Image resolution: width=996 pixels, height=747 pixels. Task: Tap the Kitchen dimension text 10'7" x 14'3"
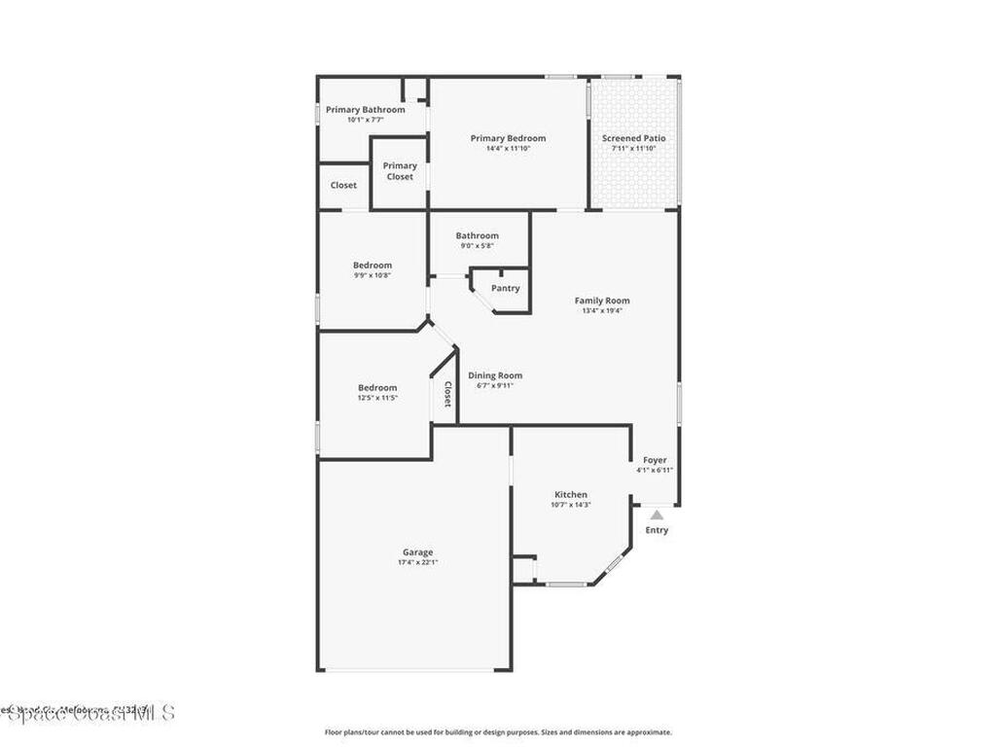[x=571, y=505]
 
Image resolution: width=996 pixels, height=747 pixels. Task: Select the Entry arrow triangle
[x=657, y=516]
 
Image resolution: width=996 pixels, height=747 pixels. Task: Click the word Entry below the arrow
[x=657, y=530]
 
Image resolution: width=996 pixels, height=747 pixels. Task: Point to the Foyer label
[x=655, y=460]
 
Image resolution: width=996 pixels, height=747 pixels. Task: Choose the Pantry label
[x=505, y=288]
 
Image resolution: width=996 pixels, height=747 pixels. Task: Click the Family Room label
[x=602, y=301]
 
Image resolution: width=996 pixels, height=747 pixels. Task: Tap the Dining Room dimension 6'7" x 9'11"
[x=495, y=386]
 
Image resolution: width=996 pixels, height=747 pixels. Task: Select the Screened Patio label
[x=633, y=138]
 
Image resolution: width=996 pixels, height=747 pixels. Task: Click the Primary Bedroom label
[x=508, y=138]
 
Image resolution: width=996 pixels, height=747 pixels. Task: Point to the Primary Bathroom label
[x=365, y=110]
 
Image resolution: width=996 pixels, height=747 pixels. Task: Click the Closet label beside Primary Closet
[x=343, y=185]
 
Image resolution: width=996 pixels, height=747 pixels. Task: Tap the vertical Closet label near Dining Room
[x=447, y=394]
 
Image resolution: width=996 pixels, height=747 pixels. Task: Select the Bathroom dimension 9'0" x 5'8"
[x=478, y=246]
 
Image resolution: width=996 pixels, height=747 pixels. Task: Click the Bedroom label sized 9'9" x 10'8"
[x=373, y=266]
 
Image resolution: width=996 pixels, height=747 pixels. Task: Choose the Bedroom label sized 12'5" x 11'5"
[x=377, y=388]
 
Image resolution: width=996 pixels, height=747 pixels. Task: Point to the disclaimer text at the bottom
[x=497, y=732]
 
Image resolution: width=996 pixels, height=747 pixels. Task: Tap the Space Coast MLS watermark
[x=88, y=713]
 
